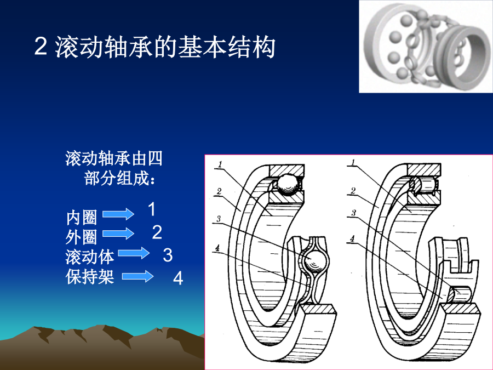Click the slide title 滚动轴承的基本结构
coord(165,47)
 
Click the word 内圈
coord(82,218)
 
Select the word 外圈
coord(81,237)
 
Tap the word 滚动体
coord(90,257)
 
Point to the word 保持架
coord(90,277)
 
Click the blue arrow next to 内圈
coord(118,214)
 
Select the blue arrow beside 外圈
coord(118,234)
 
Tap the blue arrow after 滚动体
coord(134,253)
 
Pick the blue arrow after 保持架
coord(137,276)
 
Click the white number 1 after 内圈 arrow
coord(152,209)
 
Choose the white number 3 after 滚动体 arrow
coord(168,255)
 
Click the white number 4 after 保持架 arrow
coord(178,278)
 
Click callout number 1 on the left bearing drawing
coord(220,164)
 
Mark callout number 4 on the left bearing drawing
coord(217,248)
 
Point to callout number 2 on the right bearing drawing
coord(353,191)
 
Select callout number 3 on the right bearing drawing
coord(353,213)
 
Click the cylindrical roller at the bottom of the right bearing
coord(460,294)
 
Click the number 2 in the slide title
coord(41,47)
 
